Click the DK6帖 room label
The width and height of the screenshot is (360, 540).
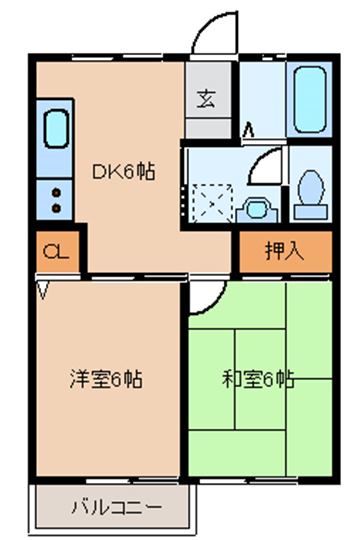[x=123, y=171]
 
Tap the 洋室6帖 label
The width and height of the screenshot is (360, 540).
[x=106, y=379]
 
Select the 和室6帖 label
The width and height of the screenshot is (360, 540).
[x=258, y=379]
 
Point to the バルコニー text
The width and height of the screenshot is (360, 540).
[x=116, y=507]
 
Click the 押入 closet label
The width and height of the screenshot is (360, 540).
[x=285, y=251]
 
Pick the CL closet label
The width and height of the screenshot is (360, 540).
[x=56, y=252]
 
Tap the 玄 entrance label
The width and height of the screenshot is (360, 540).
[x=207, y=98]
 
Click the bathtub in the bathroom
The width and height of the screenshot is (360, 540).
[x=310, y=100]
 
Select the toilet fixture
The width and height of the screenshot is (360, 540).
[x=310, y=195]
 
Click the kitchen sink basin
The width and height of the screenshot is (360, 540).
[x=56, y=129]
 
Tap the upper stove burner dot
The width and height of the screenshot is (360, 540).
[x=56, y=193]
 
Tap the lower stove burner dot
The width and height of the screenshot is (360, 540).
[x=56, y=208]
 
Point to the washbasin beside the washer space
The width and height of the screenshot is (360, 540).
[x=257, y=210]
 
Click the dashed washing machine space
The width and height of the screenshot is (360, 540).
[x=212, y=203]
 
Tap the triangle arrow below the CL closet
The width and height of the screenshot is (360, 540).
[x=43, y=290]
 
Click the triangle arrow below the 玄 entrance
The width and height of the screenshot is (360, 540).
[x=249, y=130]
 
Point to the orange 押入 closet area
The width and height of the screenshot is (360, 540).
[x=286, y=251]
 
